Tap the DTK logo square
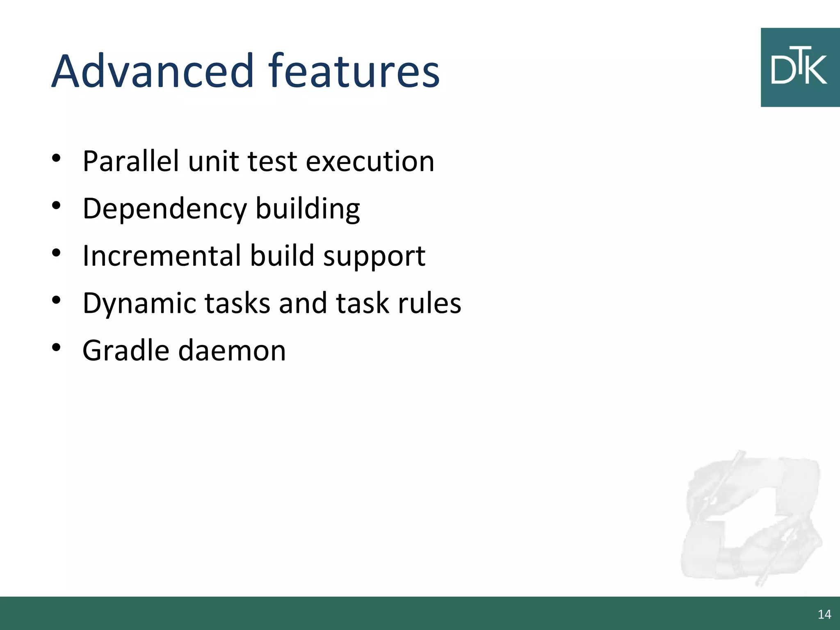800,68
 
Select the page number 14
824,614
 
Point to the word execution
370,162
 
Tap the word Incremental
162,256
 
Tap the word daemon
232,351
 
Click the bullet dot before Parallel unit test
57,158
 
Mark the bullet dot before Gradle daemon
57,348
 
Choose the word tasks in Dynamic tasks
237,303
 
